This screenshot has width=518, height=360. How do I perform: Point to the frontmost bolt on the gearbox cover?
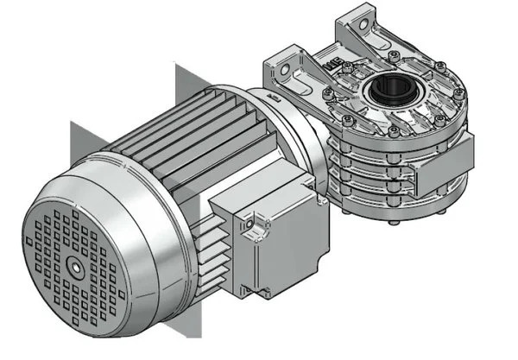pos(394,132)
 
